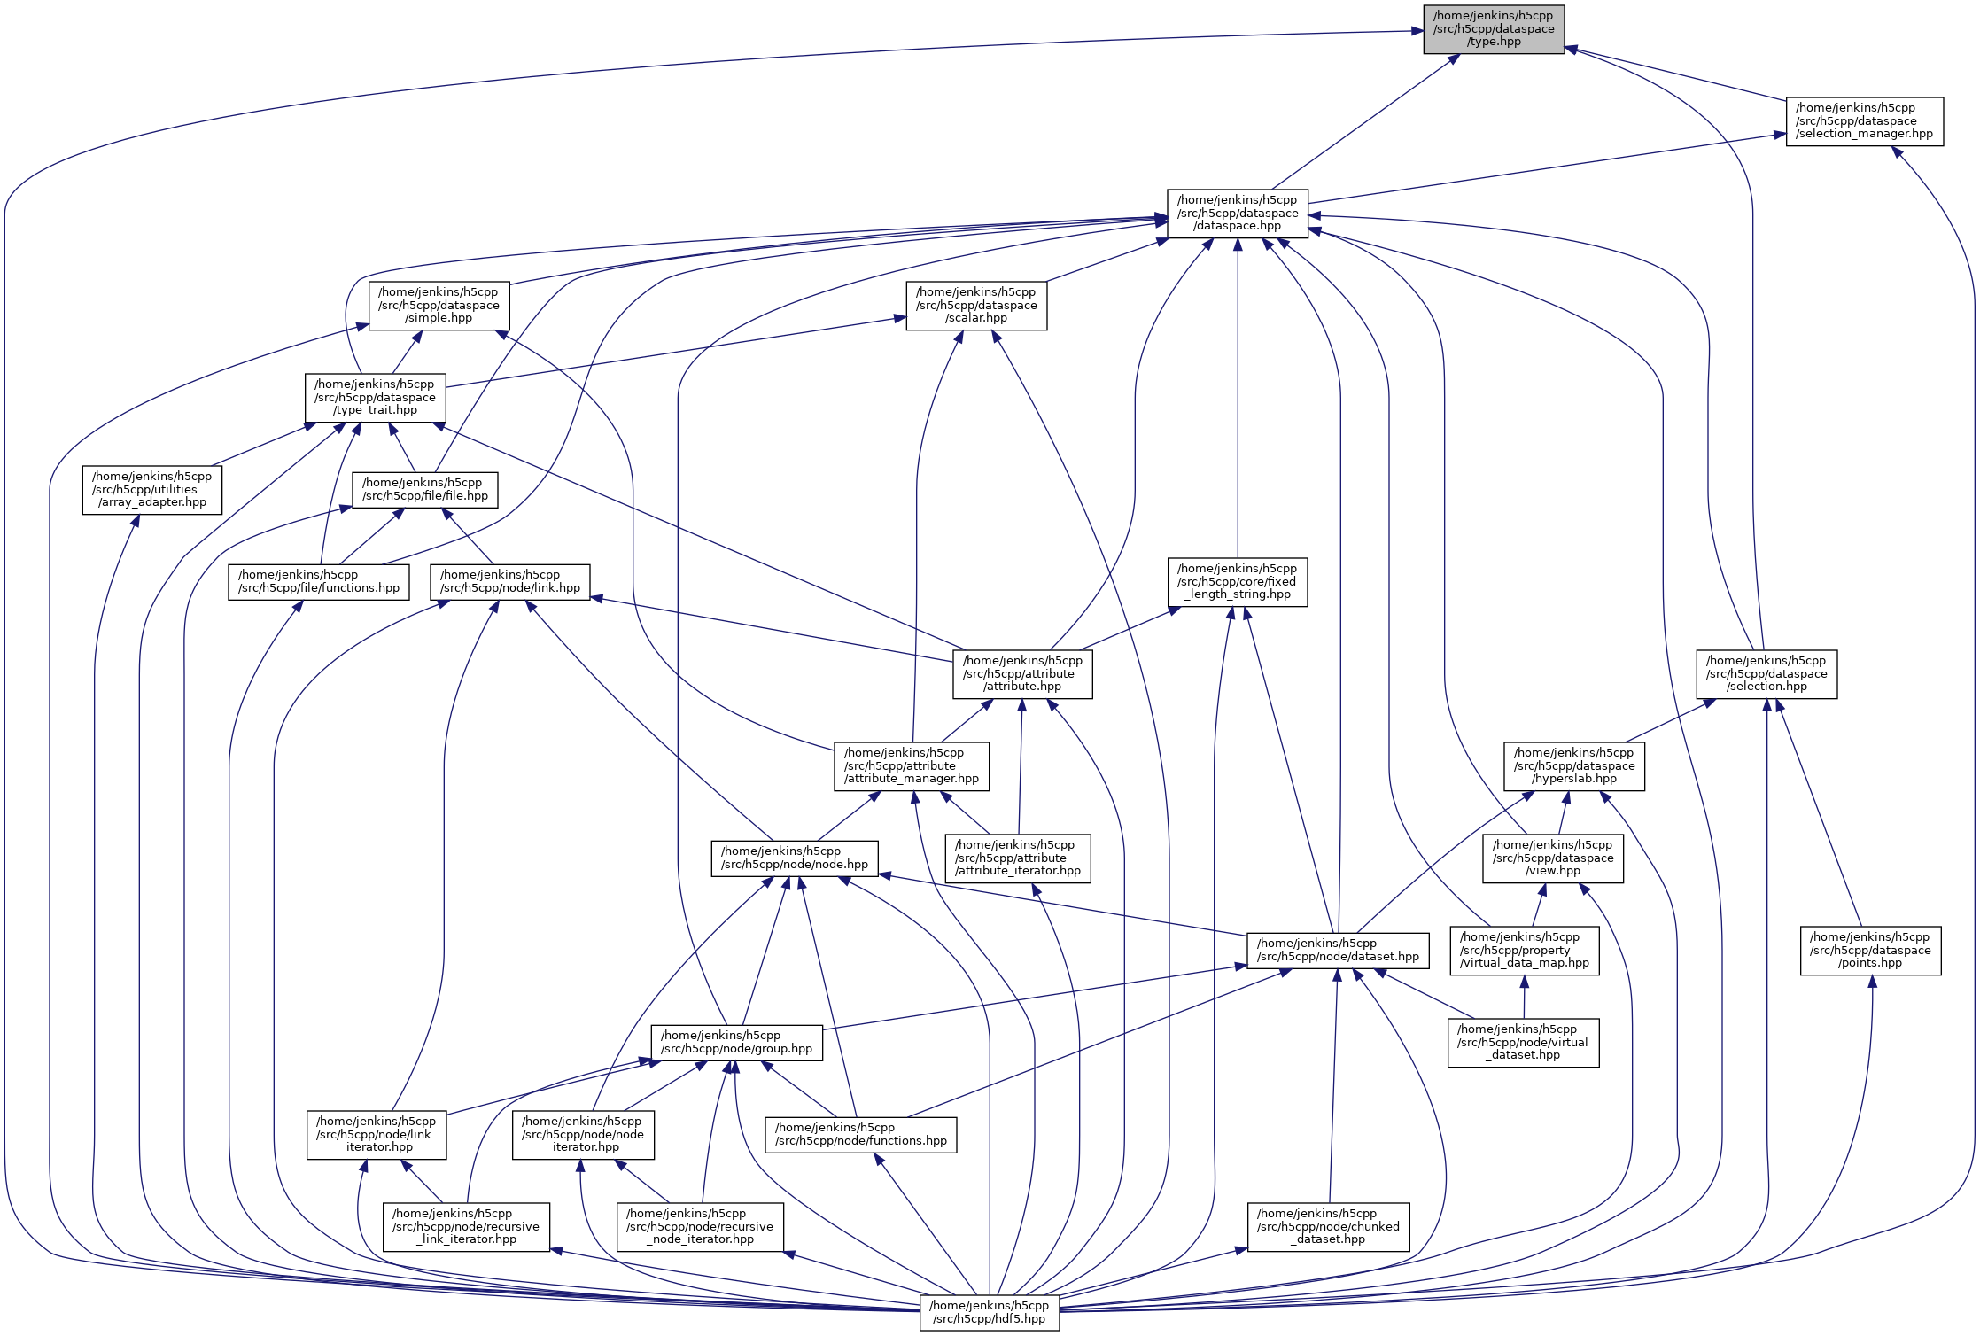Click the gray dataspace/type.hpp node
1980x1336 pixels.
pyautogui.click(x=1493, y=29)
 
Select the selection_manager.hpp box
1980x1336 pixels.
pyautogui.click(x=1864, y=121)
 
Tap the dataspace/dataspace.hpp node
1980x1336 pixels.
pyautogui.click(x=1237, y=214)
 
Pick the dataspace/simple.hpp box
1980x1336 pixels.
pyautogui.click(x=439, y=306)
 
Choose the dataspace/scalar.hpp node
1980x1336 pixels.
pyautogui.click(x=975, y=306)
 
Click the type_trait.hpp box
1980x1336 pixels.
pyautogui.click(x=375, y=398)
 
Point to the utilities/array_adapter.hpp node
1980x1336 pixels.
pyautogui.click(x=151, y=490)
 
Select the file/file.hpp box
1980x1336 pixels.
pyautogui.click(x=424, y=490)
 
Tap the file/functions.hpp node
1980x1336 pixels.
pyautogui.click(x=318, y=582)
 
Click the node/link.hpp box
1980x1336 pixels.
pyautogui.click(x=509, y=582)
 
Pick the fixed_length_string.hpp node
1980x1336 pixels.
pyautogui.click(x=1237, y=582)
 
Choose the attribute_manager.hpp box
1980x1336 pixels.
pyautogui.click(x=911, y=766)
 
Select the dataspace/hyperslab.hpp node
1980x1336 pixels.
pyautogui.click(x=1573, y=766)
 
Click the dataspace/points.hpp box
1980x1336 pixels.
pyautogui.click(x=1870, y=951)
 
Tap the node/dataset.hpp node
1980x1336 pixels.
pyautogui.click(x=1337, y=951)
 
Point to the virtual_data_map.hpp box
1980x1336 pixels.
pyautogui.click(x=1524, y=951)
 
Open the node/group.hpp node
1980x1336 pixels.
pyautogui.click(x=736, y=1043)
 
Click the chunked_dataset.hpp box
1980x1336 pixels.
pyautogui.click(x=1328, y=1227)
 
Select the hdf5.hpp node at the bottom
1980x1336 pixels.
pyautogui.click(x=989, y=1312)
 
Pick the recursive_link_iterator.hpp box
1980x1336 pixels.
pyautogui.click(x=466, y=1227)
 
